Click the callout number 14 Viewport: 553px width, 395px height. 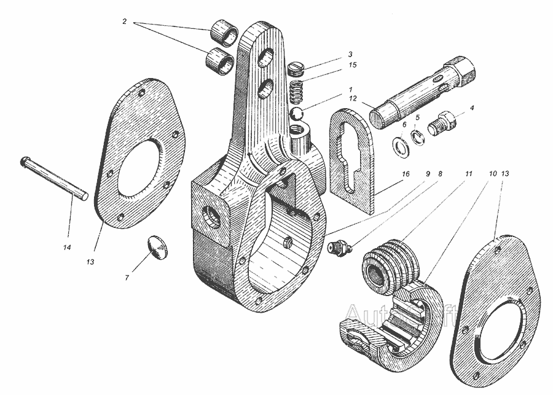pos(67,247)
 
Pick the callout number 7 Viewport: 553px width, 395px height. pos(128,278)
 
